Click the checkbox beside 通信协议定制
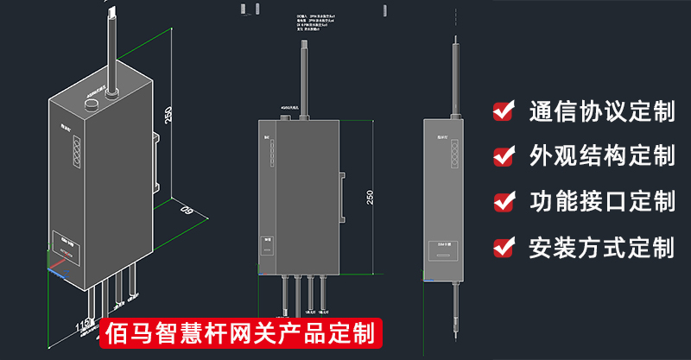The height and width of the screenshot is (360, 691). [504, 111]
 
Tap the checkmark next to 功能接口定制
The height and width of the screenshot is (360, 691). [504, 202]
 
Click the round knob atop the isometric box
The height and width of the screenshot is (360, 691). [91, 105]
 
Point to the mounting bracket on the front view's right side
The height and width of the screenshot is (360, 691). [343, 196]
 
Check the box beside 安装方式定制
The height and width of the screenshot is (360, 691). [504, 248]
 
